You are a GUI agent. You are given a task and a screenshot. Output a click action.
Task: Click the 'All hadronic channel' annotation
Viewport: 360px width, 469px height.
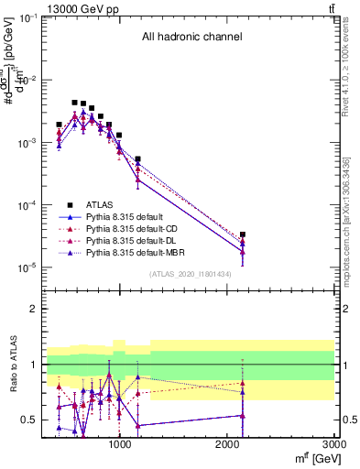tap(191, 38)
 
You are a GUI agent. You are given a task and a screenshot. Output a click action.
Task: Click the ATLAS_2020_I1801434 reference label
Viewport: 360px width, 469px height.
tap(191, 274)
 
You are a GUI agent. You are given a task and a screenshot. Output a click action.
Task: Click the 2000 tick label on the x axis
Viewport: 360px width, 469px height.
tap(228, 444)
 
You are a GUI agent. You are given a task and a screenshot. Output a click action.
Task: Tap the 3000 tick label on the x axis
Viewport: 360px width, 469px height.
tap(333, 444)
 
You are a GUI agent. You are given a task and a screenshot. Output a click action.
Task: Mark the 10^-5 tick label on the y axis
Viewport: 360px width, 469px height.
tap(25, 268)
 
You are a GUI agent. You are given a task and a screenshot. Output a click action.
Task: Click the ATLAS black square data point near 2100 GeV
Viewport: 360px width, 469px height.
tap(243, 234)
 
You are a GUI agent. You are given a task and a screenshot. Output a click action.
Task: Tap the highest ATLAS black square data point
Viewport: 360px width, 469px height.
tap(74, 103)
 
